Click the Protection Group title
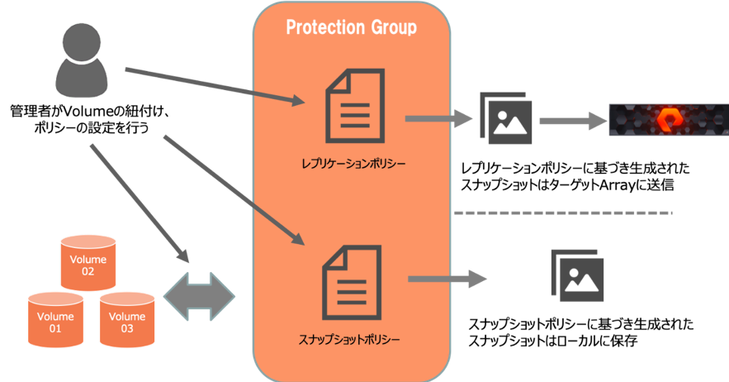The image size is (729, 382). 351,28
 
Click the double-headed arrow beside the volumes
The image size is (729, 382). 201,291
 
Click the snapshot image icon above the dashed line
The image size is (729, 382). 505,117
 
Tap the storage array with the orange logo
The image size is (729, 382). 667,120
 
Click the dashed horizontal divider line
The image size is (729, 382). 563,213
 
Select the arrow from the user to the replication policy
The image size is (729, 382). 215,87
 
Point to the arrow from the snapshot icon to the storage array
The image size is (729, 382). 573,121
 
